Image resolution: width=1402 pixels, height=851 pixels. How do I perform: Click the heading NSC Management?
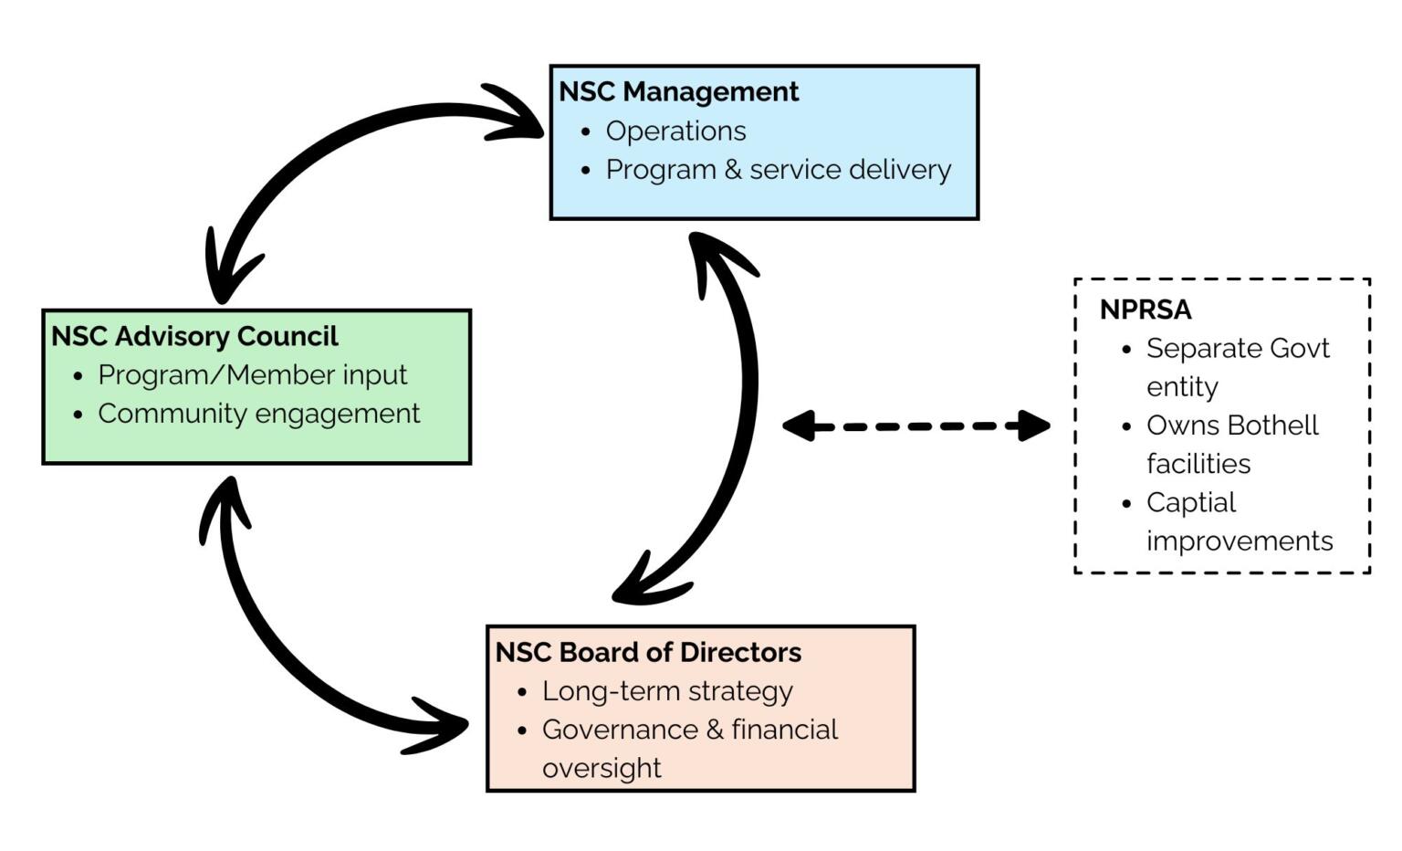[678, 91]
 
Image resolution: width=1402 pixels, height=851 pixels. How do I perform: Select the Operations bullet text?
[675, 131]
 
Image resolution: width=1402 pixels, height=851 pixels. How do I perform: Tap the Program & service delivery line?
[778, 170]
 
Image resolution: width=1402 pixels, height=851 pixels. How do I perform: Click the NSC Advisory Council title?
[194, 336]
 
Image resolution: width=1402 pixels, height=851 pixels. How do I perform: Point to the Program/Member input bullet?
[252, 375]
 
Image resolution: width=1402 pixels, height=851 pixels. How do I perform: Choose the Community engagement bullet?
[258, 414]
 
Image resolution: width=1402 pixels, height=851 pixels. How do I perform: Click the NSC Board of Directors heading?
[648, 652]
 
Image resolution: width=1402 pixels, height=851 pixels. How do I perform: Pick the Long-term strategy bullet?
[667, 691]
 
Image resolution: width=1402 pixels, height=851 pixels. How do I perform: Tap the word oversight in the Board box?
[602, 768]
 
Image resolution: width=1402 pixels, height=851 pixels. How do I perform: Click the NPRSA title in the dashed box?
[1146, 310]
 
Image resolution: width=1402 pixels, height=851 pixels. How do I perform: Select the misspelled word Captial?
[1190, 502]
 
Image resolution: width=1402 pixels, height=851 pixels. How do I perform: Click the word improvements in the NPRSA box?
[1240, 541]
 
